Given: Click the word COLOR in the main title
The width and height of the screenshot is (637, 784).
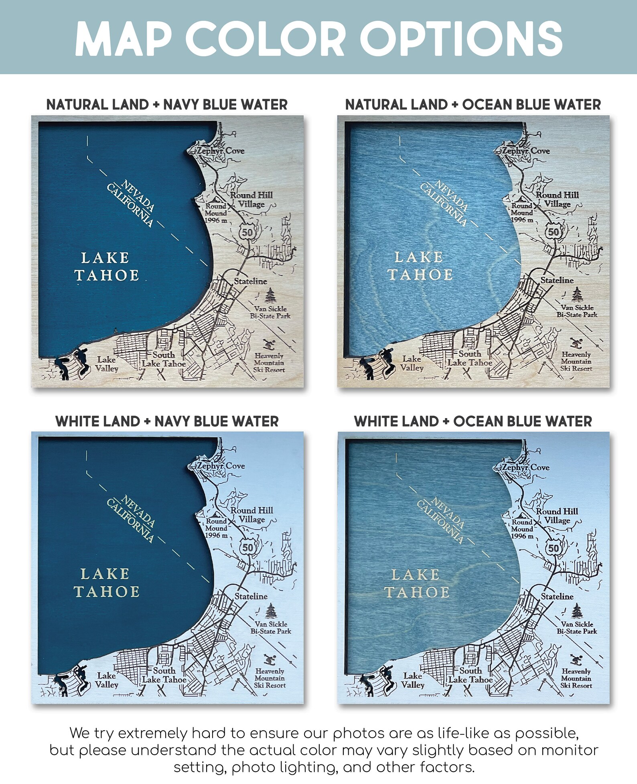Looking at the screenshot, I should pyautogui.click(x=265, y=39).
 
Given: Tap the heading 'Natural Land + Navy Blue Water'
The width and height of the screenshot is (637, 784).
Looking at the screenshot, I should pyautogui.click(x=167, y=105).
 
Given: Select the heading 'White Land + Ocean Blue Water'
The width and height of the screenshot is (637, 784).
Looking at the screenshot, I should pyautogui.click(x=473, y=421).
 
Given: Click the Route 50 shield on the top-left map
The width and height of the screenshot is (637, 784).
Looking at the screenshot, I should pyautogui.click(x=247, y=232).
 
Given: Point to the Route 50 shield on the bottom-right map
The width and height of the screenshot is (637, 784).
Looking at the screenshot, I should pyautogui.click(x=553, y=548).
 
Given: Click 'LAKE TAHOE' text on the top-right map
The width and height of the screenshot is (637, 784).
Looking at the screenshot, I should pyautogui.click(x=420, y=266).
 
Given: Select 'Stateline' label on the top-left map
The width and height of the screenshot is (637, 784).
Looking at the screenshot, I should pyautogui.click(x=250, y=281).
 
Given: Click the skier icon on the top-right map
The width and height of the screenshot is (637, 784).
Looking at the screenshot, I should pyautogui.click(x=577, y=343).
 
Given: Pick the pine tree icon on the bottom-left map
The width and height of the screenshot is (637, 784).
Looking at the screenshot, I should pyautogui.click(x=271, y=611).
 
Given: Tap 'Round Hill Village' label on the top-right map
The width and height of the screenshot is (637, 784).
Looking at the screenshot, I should pyautogui.click(x=557, y=199).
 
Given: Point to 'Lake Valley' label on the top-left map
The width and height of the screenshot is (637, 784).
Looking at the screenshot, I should pyautogui.click(x=107, y=364).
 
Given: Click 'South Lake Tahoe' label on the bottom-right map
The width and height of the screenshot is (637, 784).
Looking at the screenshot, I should pyautogui.click(x=470, y=675).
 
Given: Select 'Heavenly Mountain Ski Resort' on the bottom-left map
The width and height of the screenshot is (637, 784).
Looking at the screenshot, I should pyautogui.click(x=270, y=678).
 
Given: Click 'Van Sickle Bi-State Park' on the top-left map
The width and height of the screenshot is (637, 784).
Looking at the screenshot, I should pyautogui.click(x=270, y=312).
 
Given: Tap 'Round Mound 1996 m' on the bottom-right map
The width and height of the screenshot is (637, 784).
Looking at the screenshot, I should pyautogui.click(x=522, y=529).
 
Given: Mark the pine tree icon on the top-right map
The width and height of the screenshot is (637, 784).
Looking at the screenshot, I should pyautogui.click(x=577, y=294).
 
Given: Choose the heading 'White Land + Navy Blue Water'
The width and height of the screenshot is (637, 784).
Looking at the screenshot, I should pyautogui.click(x=167, y=421).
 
